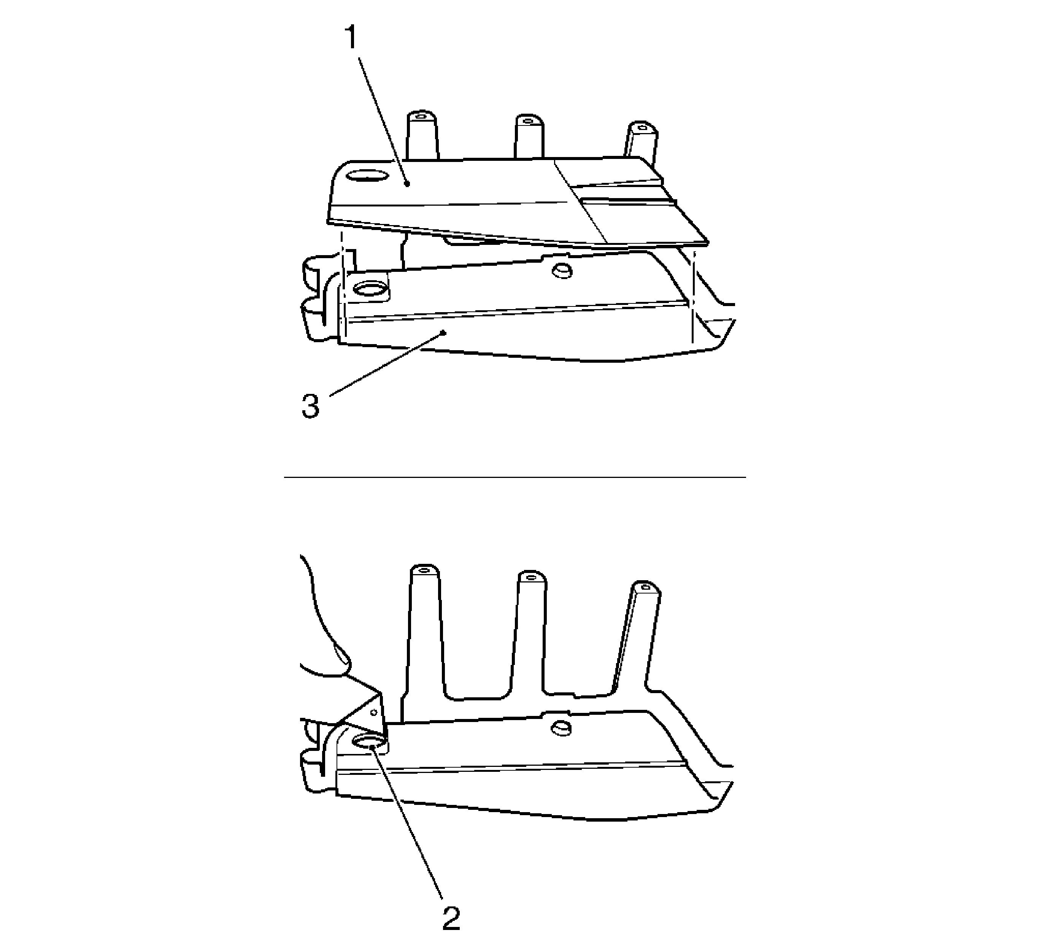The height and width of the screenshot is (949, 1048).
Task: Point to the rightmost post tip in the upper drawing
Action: (x=643, y=128)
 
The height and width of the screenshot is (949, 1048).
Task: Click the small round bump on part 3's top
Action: (x=561, y=270)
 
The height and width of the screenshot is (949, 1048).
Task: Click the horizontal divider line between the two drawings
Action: (x=514, y=476)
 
